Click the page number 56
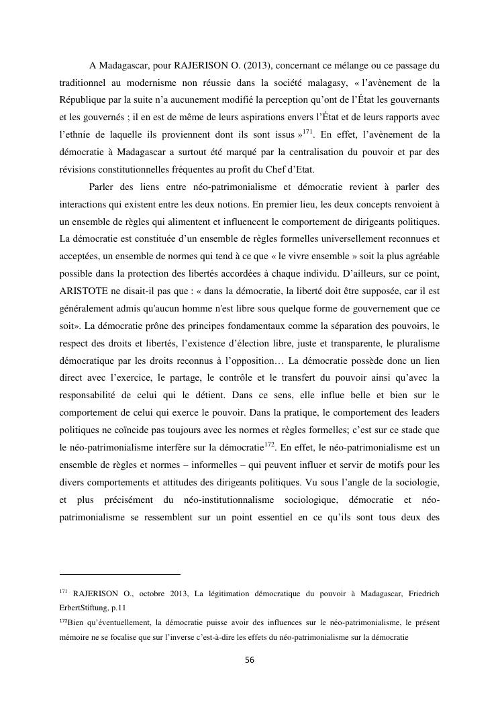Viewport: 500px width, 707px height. coord(250,660)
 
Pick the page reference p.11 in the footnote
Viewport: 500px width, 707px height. coord(126,607)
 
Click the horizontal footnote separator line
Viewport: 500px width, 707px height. coord(120,574)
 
